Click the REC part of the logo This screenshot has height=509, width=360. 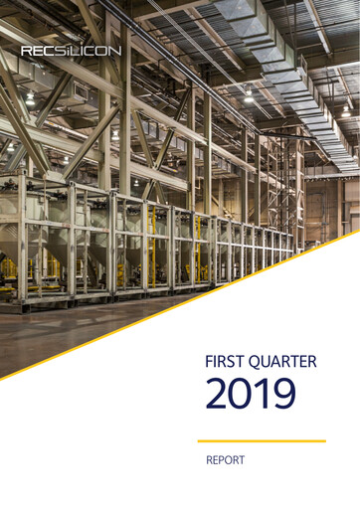pyautogui.click(x=40, y=50)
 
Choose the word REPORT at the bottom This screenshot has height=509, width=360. pyautogui.click(x=225, y=461)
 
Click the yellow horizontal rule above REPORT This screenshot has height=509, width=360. pyautogui.click(x=262, y=440)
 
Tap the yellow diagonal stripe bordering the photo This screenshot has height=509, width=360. pyautogui.click(x=179, y=307)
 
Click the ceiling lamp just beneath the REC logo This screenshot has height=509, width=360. pyautogui.click(x=31, y=98)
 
